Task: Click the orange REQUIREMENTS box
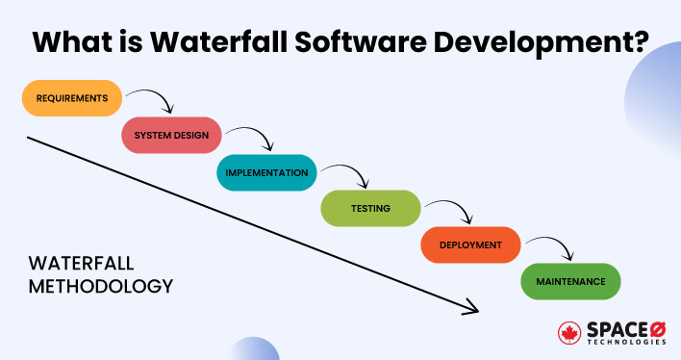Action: pos(71,99)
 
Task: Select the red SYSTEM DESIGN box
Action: pos(171,136)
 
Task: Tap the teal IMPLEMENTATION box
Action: pos(266,173)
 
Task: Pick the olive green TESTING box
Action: pos(370,208)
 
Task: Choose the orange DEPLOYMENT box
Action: pos(470,244)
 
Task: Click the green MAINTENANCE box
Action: pos(570,281)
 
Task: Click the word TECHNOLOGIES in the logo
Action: pos(625,342)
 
